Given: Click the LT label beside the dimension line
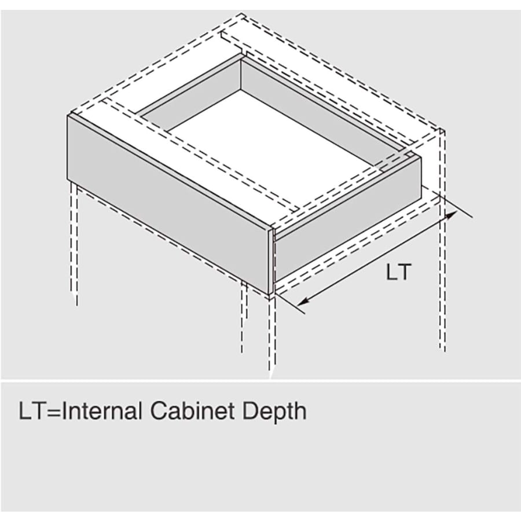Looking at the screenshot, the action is click(398, 271).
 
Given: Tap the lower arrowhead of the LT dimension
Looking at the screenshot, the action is click(302, 302).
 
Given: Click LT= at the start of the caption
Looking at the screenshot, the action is click(40, 411).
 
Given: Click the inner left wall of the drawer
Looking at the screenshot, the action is click(190, 95).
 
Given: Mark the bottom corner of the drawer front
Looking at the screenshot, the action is click(269, 295).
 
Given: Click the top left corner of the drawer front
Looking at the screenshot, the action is click(68, 115).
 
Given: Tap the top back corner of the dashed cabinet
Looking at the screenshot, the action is click(242, 14).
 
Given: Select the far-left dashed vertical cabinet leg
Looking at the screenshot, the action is click(75, 243).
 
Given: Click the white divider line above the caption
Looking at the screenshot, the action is click(260, 381).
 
